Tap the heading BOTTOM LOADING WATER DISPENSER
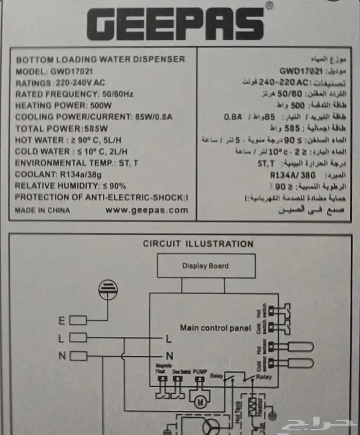coord(100,59)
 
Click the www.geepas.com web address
coord(147,210)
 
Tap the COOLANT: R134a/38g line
coord(66,174)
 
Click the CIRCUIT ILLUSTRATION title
coord(198,244)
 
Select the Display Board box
coord(205,266)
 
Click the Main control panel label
coord(215,328)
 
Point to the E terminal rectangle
coord(78,320)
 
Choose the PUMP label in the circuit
coord(200,371)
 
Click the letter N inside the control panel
coord(169,355)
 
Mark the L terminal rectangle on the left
coord(78,338)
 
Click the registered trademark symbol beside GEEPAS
coord(269,6)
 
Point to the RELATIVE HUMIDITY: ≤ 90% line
coord(70,186)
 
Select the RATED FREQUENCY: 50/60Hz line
coord(75,94)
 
